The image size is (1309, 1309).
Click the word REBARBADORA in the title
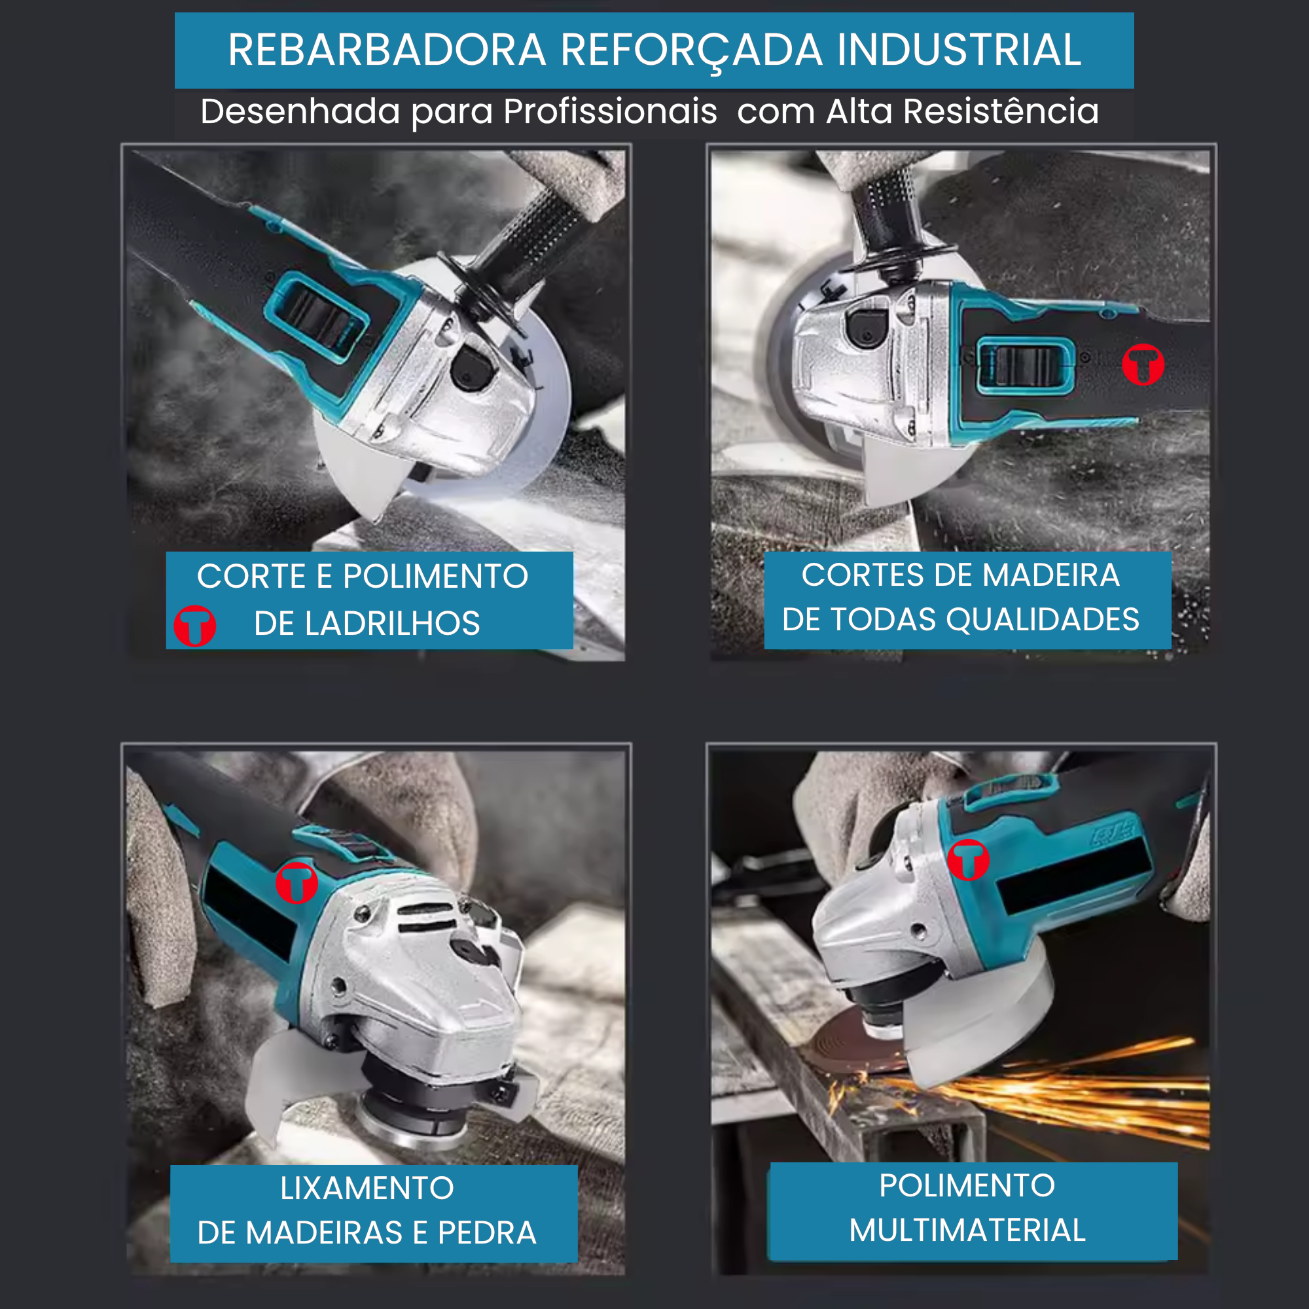(x=387, y=50)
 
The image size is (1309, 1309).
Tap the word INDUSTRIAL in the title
(x=959, y=50)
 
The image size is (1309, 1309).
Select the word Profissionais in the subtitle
(x=610, y=112)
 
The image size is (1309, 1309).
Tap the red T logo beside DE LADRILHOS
(x=195, y=626)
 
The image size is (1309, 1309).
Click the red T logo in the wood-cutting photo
(x=1143, y=365)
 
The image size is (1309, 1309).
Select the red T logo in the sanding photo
(x=296, y=883)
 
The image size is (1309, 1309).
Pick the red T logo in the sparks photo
(x=967, y=860)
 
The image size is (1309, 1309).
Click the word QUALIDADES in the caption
(x=1043, y=619)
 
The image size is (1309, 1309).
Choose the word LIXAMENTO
(x=367, y=1188)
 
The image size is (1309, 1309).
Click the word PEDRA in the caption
(x=487, y=1232)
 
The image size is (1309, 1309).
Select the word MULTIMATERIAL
(x=967, y=1230)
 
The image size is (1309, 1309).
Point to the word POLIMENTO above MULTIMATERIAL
(x=967, y=1185)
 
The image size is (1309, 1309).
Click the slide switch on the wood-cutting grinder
(x=1025, y=366)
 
